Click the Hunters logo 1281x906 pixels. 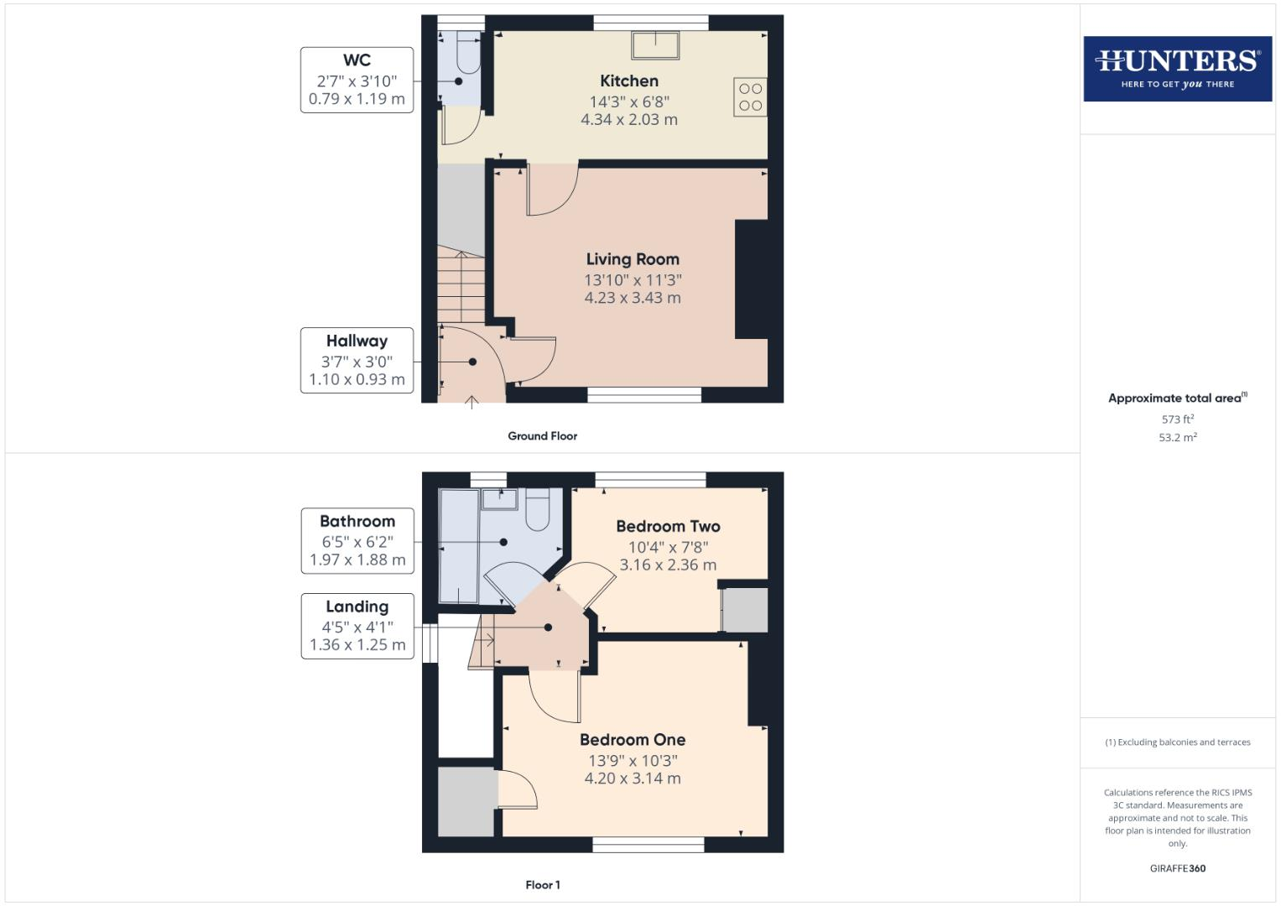(1177, 68)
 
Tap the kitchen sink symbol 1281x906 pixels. (655, 45)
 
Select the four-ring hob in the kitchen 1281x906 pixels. (750, 96)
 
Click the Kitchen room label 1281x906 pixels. (629, 81)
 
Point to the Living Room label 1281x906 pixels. (633, 260)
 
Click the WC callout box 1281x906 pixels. (357, 80)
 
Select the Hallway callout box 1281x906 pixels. (357, 360)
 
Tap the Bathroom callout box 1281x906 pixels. (357, 540)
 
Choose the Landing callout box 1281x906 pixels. (357, 626)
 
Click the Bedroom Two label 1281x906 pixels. (668, 527)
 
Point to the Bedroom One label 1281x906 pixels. (633, 740)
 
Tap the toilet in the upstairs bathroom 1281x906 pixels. (537, 509)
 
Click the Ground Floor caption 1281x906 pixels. (542, 436)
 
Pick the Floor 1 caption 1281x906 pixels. (542, 885)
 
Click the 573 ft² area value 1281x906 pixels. (1177, 419)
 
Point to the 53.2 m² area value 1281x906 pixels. (1177, 437)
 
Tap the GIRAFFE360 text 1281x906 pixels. (1177, 868)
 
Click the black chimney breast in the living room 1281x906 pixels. (751, 279)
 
